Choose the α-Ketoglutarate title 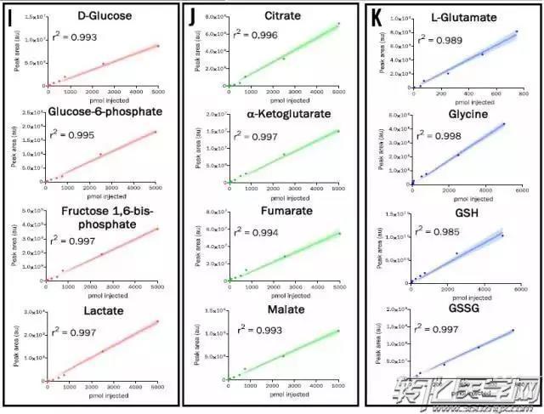tap(282, 115)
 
